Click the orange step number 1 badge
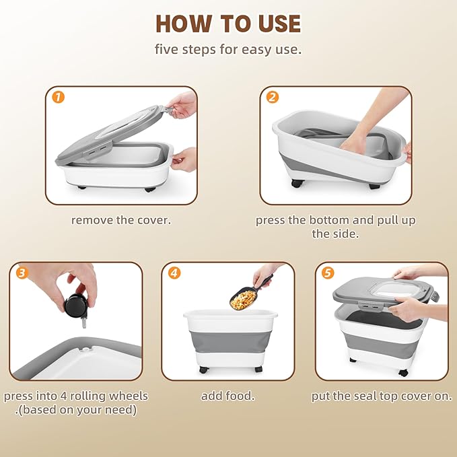point(59,97)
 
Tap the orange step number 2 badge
point(273,97)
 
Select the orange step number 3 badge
point(22,273)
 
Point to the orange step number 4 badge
point(174,273)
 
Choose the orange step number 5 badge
point(328,273)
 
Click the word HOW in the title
point(184,24)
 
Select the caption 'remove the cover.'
point(121,220)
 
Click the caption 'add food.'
point(228,396)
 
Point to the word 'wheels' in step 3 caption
point(129,396)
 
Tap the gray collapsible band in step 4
point(231,342)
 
